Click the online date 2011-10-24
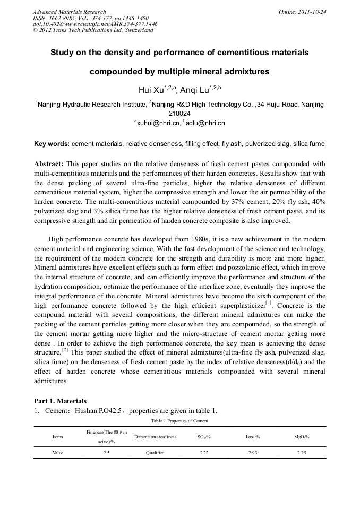pos(313,12)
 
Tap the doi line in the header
pos(95,24)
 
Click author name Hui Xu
pos(150,90)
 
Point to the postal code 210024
pos(179,113)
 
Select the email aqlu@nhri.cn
pos(206,123)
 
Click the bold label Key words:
pos(52,144)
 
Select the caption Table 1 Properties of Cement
pos(179,421)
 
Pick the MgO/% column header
pos(302,436)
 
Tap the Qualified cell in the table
pos(156,453)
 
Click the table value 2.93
pos(253,453)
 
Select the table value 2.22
pos(204,453)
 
